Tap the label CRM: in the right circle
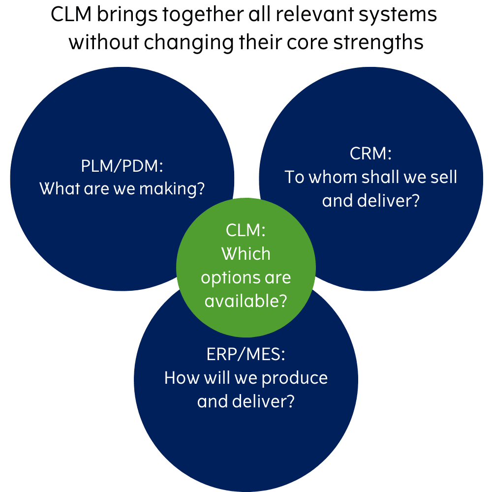370,154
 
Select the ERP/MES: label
246,354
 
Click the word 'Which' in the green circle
246,254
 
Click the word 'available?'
246,301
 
